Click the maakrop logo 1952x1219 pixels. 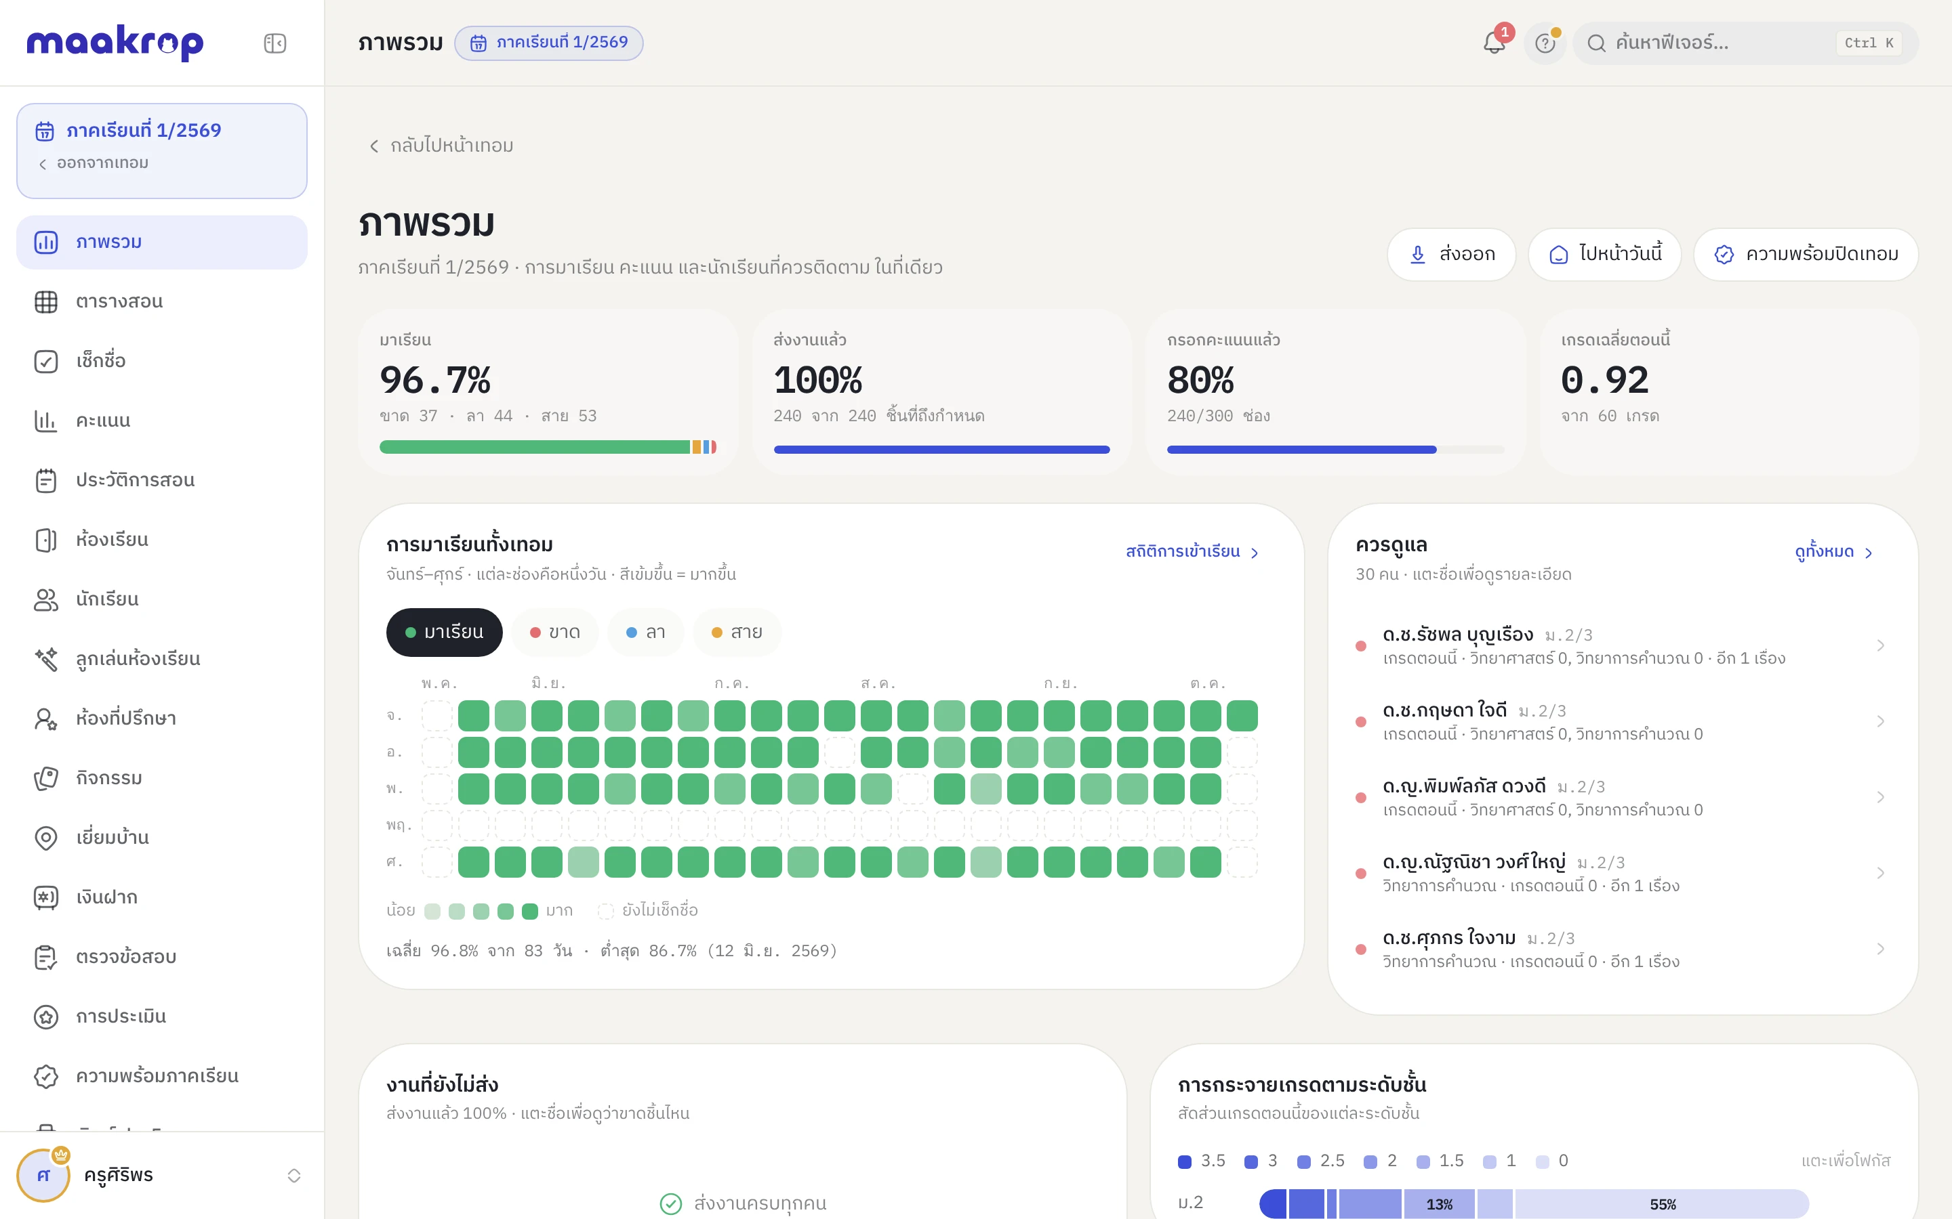coord(115,42)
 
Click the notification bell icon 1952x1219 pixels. coord(1494,43)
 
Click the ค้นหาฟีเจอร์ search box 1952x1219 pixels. coord(1745,43)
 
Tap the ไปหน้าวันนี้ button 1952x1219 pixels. coord(1604,255)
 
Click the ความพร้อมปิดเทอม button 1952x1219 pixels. coord(1806,255)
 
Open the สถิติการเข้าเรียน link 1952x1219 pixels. coord(1192,552)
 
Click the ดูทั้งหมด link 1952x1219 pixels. coord(1833,552)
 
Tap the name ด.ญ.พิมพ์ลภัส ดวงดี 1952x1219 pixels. coord(1464,786)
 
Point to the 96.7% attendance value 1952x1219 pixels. coord(434,380)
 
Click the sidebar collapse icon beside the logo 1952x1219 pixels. coord(275,43)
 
